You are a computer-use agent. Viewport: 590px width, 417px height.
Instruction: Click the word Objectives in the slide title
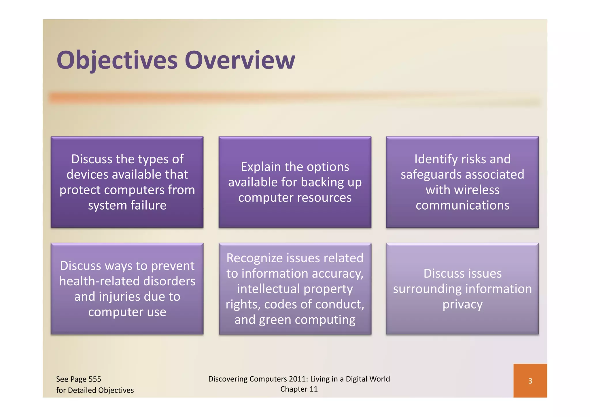[x=117, y=60]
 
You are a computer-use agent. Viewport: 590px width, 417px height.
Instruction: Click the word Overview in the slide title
[x=240, y=60]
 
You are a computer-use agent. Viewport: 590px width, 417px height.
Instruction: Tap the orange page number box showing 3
[x=530, y=381]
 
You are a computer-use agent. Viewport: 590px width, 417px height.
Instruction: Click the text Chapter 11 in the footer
[x=299, y=389]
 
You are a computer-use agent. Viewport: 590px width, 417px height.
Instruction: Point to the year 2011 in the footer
[x=298, y=379]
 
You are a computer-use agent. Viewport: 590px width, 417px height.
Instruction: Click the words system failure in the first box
[x=127, y=205]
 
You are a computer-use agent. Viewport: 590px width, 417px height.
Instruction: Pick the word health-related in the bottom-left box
[x=100, y=281]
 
